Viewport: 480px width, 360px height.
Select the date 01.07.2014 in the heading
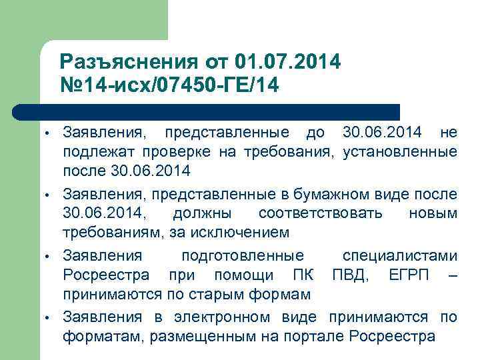[x=288, y=62]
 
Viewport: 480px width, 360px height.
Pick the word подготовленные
[x=243, y=255]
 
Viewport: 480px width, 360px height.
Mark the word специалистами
[x=399, y=255]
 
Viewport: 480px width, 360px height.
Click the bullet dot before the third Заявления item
[x=48, y=257]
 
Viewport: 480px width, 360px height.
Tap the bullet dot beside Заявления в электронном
[x=48, y=318]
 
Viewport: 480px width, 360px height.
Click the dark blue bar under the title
[x=207, y=111]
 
